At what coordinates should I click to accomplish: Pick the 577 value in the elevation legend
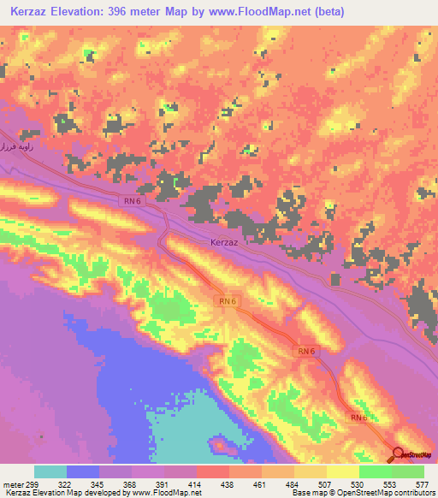(423, 485)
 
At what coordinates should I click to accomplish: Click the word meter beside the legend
(12, 485)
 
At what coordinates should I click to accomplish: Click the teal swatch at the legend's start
(50, 471)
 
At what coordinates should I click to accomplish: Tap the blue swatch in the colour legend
(83, 471)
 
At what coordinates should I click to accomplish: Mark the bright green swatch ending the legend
(408, 471)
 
